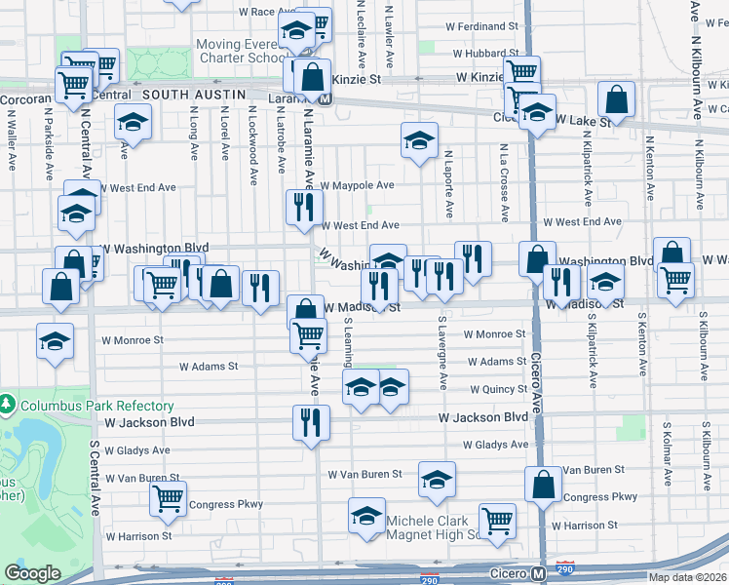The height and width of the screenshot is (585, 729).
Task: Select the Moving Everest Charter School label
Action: coord(239,51)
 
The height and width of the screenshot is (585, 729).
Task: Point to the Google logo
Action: coord(32,573)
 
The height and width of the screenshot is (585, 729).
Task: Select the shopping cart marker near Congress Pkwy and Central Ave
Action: coord(169,498)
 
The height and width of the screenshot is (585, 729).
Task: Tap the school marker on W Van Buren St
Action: coord(437,479)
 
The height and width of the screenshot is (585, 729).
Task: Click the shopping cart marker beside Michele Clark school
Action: coord(497,521)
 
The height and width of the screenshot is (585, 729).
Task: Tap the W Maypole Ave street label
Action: coord(357,185)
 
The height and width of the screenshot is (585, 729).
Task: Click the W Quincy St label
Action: coord(498,389)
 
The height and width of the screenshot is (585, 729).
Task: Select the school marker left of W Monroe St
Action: coord(56,340)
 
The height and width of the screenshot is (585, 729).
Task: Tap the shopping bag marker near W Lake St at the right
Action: coord(616,99)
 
